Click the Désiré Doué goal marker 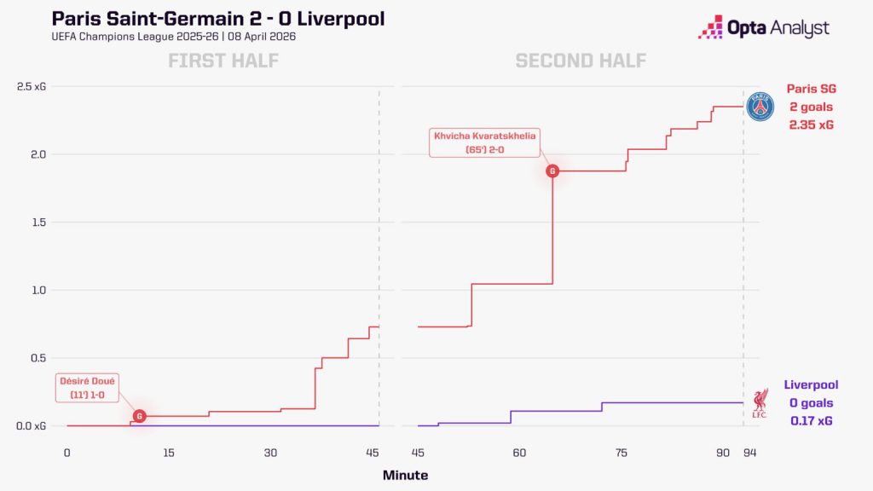[x=140, y=416]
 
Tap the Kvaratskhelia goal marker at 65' [x=552, y=171]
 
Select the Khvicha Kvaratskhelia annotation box [x=484, y=142]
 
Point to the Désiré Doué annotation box [x=88, y=388]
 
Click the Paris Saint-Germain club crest [x=760, y=107]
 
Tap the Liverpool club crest [x=760, y=402]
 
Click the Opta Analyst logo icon [x=710, y=28]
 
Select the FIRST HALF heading [x=223, y=61]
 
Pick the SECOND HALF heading [x=580, y=61]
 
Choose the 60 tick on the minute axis [x=519, y=453]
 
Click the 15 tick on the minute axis [x=169, y=453]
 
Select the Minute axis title [x=405, y=475]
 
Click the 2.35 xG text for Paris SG [x=810, y=125]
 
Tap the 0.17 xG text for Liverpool [x=810, y=421]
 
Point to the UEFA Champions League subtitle [x=174, y=37]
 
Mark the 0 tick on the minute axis [x=67, y=453]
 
